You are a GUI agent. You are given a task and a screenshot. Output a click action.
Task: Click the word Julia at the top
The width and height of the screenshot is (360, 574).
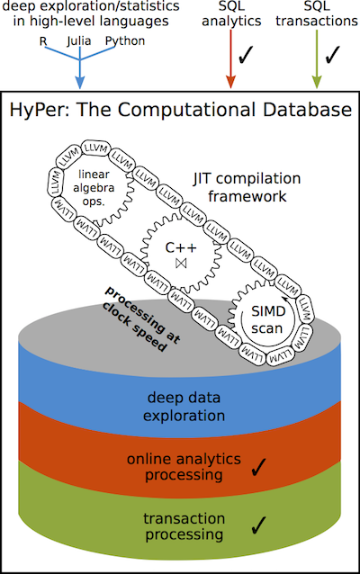coord(80,40)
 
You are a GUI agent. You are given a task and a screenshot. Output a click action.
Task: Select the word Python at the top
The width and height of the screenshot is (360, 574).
coord(124,40)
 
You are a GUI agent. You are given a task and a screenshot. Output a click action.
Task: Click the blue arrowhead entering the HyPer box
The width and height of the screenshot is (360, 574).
coord(80,82)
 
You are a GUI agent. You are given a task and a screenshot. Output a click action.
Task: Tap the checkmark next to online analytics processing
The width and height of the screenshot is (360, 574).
coord(261,466)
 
